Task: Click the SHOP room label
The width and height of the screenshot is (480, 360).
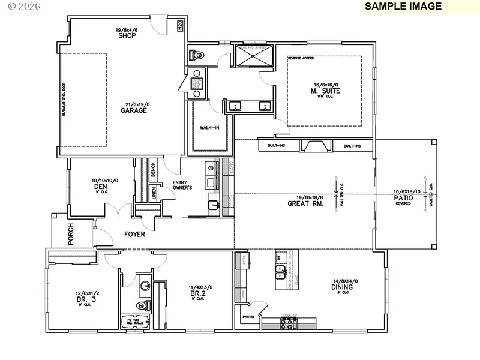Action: (x=127, y=36)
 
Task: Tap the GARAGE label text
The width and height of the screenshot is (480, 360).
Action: (x=133, y=110)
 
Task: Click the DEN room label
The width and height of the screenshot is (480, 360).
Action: (x=100, y=186)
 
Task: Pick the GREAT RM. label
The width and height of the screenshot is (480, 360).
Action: (x=310, y=203)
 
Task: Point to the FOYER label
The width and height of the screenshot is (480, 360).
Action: (x=134, y=235)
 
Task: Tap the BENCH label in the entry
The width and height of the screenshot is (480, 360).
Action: (x=153, y=170)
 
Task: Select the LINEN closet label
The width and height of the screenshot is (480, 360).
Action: (x=154, y=193)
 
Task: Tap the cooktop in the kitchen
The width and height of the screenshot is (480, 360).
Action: (x=288, y=324)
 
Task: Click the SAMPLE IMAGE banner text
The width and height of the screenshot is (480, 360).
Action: (x=403, y=7)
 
